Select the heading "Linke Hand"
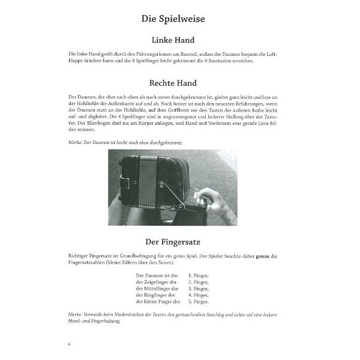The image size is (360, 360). (173, 40)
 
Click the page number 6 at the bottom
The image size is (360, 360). (70, 343)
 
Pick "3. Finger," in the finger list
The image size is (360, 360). (198, 287)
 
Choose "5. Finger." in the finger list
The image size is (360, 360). (198, 302)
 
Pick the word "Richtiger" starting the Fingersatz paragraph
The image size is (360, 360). (81, 257)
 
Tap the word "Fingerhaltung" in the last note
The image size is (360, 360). (101, 321)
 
